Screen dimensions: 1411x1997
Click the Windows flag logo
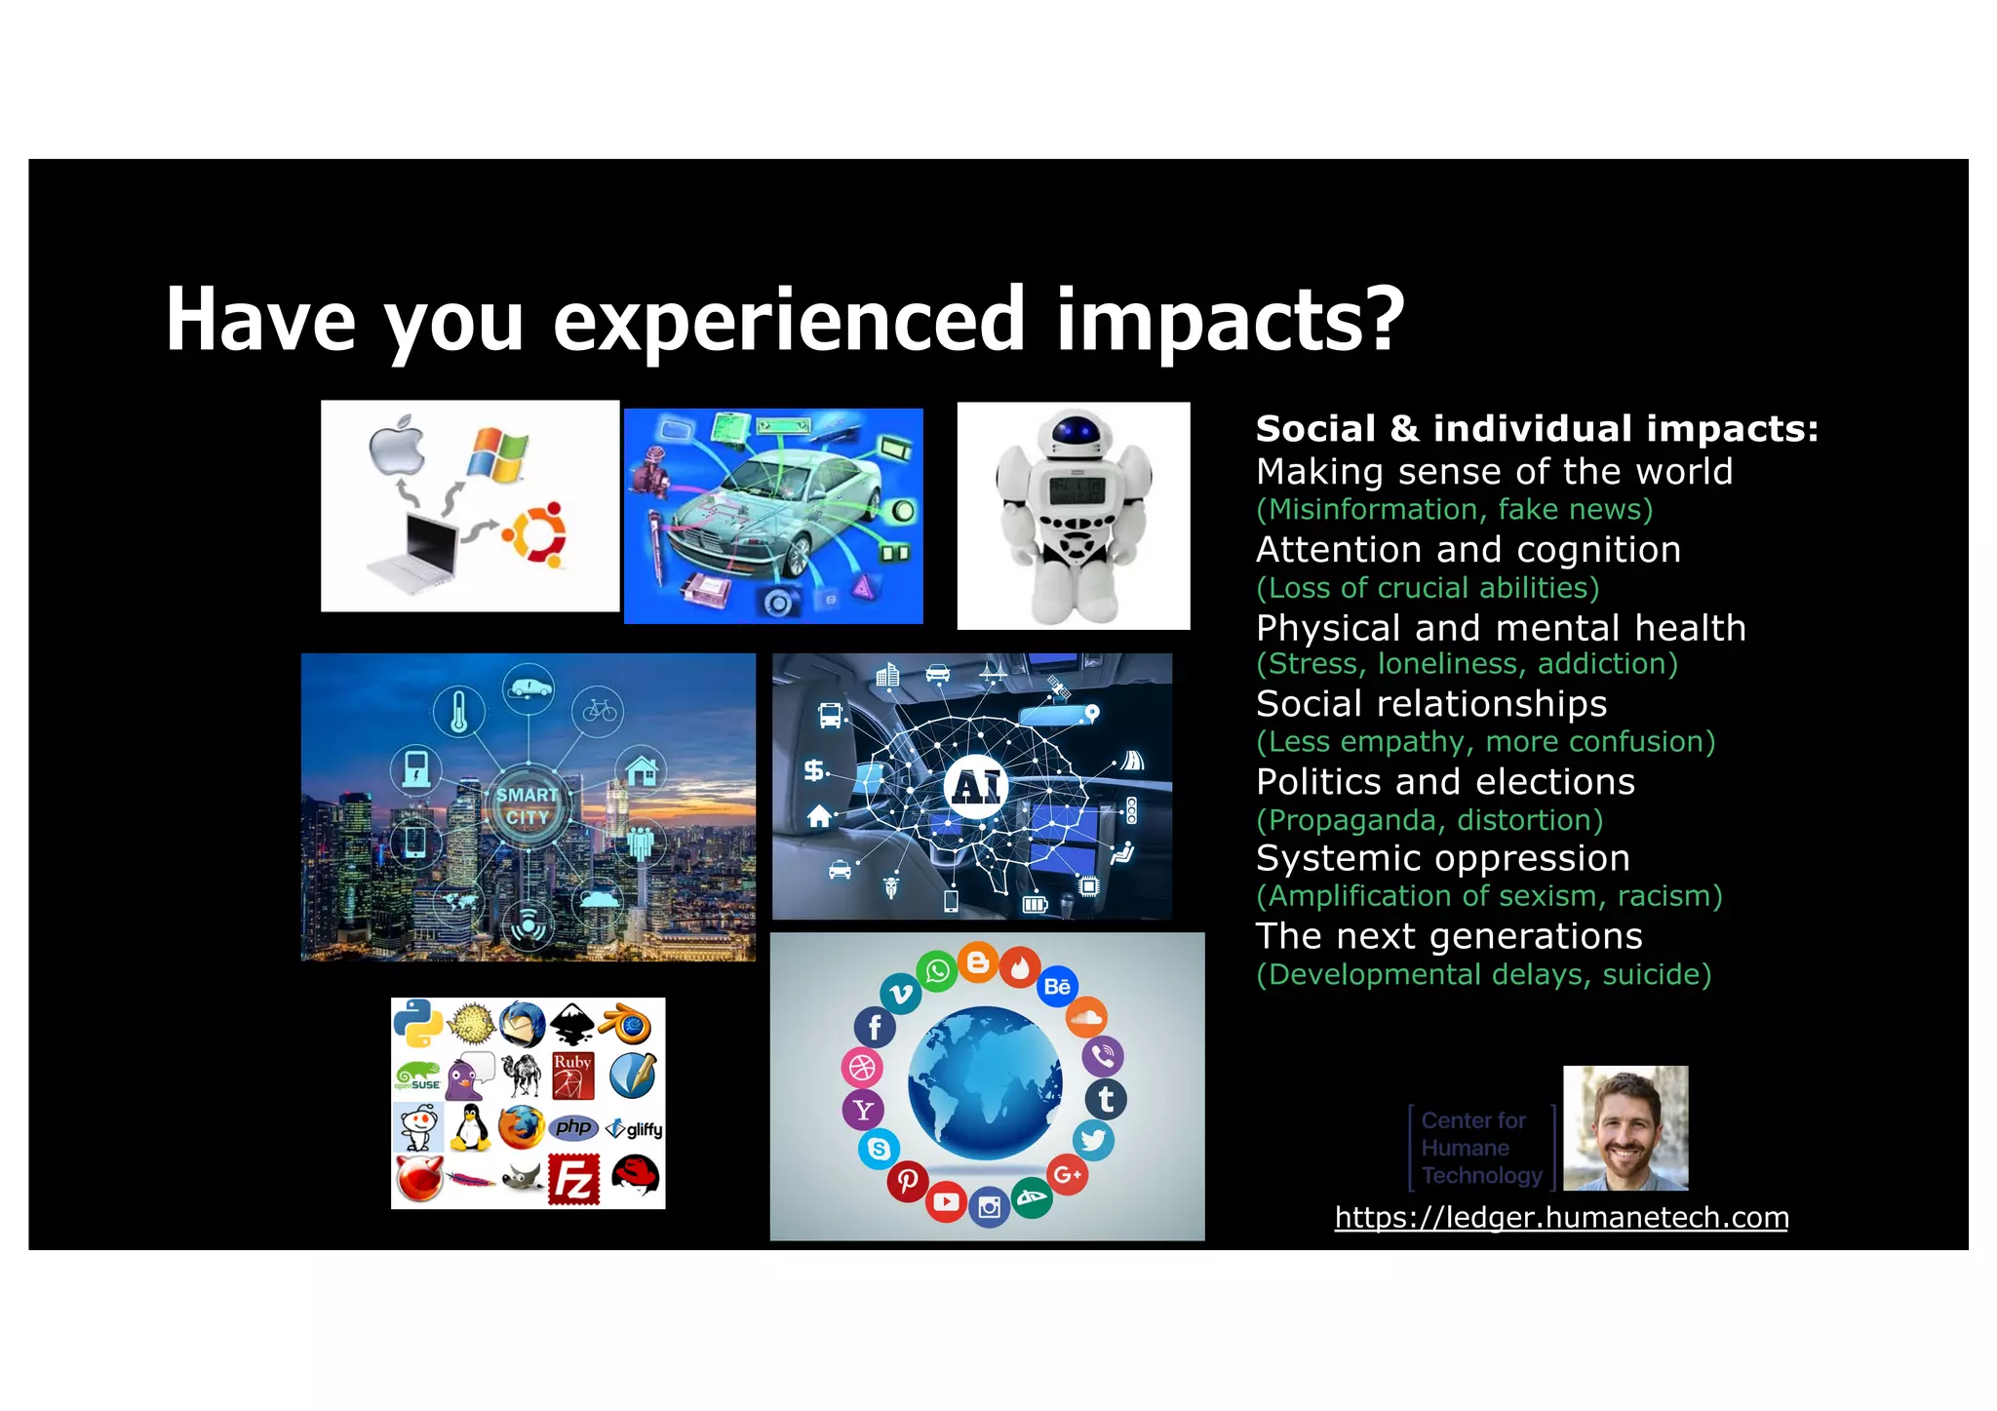pyautogui.click(x=498, y=454)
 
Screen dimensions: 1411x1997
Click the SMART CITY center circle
pyautogui.click(x=528, y=806)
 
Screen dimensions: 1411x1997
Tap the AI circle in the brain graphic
pyautogui.click(x=976, y=786)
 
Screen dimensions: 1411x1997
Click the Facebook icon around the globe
pyautogui.click(x=875, y=1027)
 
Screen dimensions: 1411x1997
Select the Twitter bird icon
pyautogui.click(x=1093, y=1140)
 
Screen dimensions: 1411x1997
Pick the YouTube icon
pyautogui.click(x=946, y=1201)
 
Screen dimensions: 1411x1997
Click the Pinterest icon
pyautogui.click(x=907, y=1182)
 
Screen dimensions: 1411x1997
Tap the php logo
pyautogui.click(x=573, y=1127)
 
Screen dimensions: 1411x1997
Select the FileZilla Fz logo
pyautogui.click(x=573, y=1180)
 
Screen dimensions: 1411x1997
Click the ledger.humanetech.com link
pyautogui.click(x=1561, y=1217)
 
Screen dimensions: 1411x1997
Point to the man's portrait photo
pyautogui.click(x=1625, y=1128)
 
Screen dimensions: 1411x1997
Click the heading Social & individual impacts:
pyautogui.click(x=1537, y=429)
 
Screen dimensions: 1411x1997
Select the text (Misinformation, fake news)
pyautogui.click(x=1454, y=509)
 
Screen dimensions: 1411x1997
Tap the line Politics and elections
pyautogui.click(x=1445, y=782)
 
